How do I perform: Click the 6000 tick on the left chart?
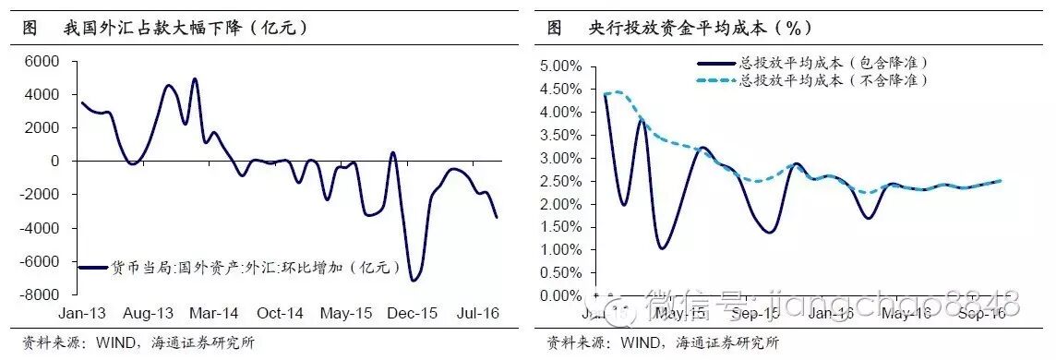click(42, 61)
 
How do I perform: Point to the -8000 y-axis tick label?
click(40, 295)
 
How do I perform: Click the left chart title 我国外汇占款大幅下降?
click(185, 28)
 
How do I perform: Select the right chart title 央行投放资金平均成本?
click(702, 28)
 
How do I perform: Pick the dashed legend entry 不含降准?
click(832, 80)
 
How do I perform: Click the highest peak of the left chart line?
click(195, 79)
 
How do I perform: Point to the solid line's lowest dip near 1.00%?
click(662, 247)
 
